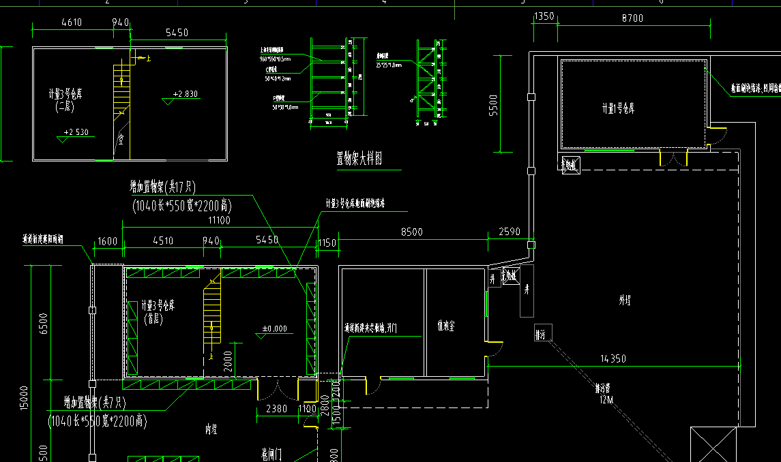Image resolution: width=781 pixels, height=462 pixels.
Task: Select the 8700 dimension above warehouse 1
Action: click(631, 18)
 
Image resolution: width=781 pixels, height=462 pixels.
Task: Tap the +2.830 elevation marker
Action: click(186, 94)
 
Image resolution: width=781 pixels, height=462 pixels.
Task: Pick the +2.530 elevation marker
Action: click(76, 132)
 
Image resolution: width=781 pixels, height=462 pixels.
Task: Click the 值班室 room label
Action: click(446, 326)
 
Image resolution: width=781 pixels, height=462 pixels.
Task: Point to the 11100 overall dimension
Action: click(219, 220)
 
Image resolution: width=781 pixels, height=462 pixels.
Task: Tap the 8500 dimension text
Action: click(411, 232)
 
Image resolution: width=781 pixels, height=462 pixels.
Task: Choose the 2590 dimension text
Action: click(509, 232)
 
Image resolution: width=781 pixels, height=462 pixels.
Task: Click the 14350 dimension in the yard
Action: click(613, 358)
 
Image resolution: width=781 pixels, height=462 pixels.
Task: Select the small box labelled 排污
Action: click(543, 335)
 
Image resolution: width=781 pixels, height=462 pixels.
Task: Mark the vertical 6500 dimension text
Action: click(43, 324)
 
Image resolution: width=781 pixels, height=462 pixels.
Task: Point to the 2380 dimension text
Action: click(267, 410)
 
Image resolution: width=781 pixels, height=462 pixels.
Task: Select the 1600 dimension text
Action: click(108, 241)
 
